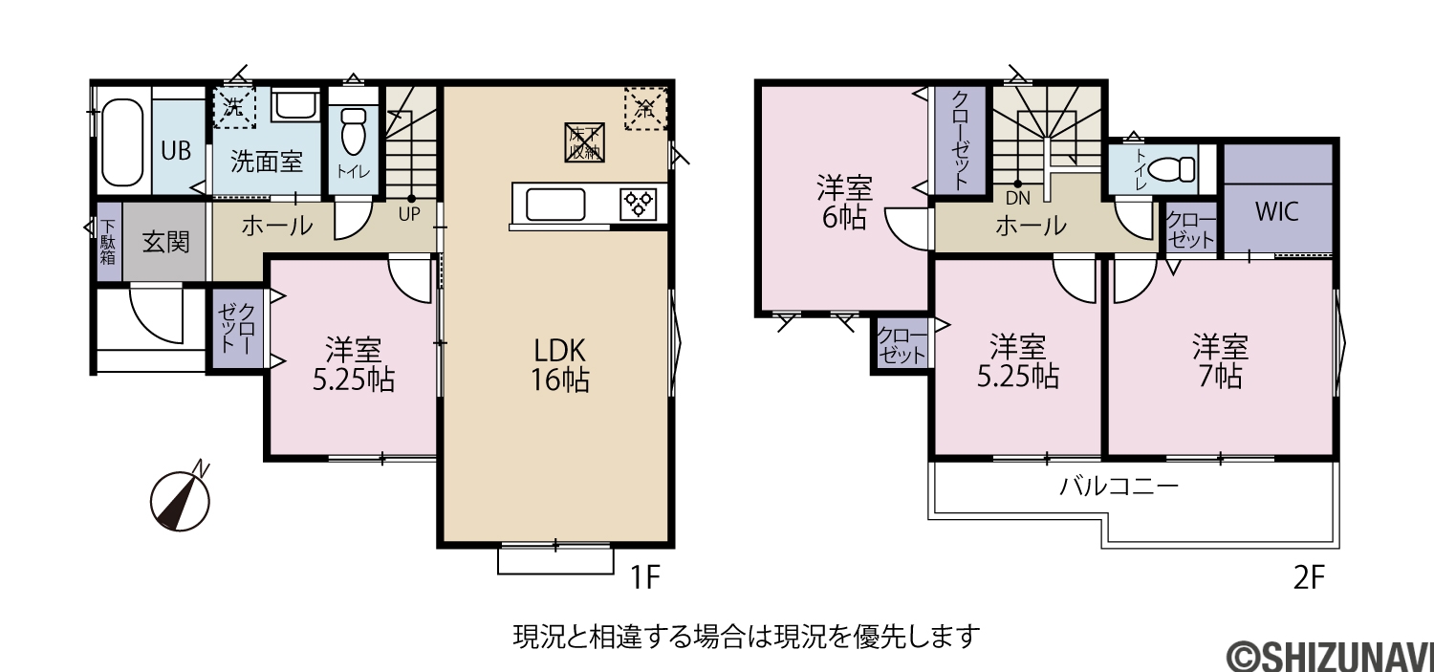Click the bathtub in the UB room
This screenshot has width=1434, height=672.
tap(121, 141)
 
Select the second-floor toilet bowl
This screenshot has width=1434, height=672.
tap(1172, 169)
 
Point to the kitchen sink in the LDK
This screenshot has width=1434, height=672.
tap(555, 205)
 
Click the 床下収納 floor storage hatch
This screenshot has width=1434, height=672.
tap(584, 142)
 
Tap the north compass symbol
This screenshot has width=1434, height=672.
tap(181, 498)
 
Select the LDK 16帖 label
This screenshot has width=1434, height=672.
tap(560, 365)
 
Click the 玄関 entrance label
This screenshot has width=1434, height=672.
tap(165, 242)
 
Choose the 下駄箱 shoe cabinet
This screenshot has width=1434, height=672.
tap(108, 242)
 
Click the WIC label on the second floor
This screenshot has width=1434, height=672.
tap(1277, 211)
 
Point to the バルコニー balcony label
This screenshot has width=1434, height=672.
tap(1119, 488)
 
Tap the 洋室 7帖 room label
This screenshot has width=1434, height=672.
tap(1220, 361)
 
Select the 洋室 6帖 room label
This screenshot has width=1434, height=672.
tap(844, 203)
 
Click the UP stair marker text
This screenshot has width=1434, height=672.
tap(409, 214)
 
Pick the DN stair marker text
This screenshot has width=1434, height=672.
tap(1018, 199)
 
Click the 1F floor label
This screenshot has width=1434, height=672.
tap(644, 578)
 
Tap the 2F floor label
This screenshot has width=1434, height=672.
tap(1309, 578)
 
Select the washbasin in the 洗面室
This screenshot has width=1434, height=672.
tap(295, 104)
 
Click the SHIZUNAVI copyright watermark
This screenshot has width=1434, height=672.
tap(1330, 656)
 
